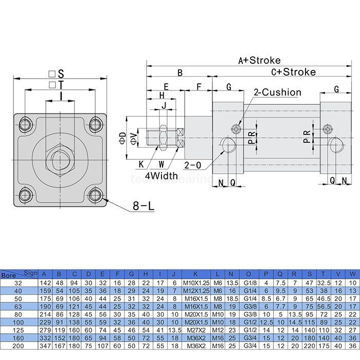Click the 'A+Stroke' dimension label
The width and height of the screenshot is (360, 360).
tap(259, 60)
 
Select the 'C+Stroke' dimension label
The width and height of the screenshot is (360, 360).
tap(293, 72)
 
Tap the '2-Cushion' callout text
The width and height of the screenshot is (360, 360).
tap(277, 93)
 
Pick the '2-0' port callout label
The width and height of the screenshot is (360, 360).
tap(193, 165)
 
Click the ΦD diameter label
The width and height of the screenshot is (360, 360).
tap(122, 138)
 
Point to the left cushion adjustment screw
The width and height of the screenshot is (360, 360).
tap(237, 129)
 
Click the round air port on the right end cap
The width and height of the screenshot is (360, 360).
tap(336, 145)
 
